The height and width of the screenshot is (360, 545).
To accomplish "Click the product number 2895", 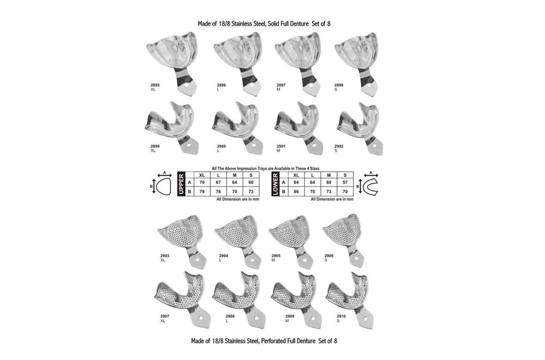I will click(155, 86).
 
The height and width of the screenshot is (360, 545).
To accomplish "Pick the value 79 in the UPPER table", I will click(202, 191).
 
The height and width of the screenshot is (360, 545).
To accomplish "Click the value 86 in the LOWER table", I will click(296, 191).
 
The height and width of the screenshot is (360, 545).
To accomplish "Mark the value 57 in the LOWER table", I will click(345, 182).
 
